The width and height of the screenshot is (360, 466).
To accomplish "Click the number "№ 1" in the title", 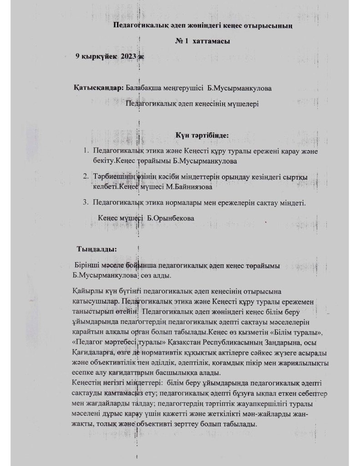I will tap(182, 41).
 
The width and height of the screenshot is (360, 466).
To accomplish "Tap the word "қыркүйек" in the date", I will tap(98, 56).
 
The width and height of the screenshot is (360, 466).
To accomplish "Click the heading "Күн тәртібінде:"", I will tap(202, 135).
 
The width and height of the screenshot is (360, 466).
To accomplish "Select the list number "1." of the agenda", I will tap(86, 151).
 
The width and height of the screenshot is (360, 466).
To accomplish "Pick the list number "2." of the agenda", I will tap(86, 176).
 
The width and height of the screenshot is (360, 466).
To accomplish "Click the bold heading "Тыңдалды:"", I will tap(96, 249).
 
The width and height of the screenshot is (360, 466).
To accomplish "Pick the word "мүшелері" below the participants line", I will tap(242, 104).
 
